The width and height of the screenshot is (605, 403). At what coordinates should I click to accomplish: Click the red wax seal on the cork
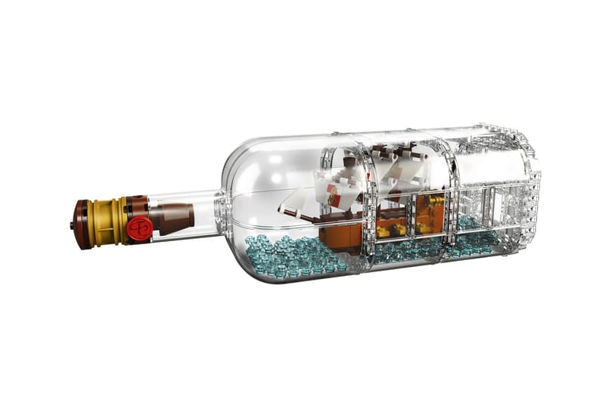click(x=140, y=227)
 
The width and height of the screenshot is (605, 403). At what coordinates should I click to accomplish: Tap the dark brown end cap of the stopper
click(x=82, y=224)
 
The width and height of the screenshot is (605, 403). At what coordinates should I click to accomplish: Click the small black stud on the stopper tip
click(x=72, y=225)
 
